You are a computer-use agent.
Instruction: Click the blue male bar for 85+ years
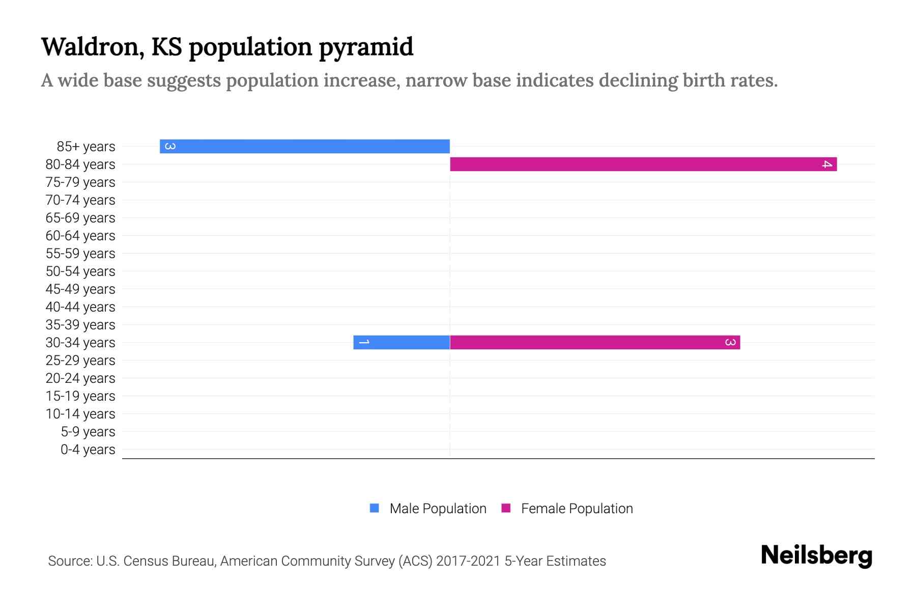tap(305, 146)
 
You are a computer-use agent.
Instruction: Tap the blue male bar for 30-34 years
tap(402, 342)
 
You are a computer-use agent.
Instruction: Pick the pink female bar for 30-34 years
tap(595, 342)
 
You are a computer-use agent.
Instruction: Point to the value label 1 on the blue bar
tap(364, 342)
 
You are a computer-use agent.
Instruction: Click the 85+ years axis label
tap(86, 147)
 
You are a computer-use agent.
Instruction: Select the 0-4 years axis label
tap(88, 450)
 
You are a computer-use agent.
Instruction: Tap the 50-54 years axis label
tap(80, 271)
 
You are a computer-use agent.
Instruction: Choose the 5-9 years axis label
tap(88, 432)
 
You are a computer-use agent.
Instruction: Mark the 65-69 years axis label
tap(80, 218)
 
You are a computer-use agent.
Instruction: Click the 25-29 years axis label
tap(80, 360)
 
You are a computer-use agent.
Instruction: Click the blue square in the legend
tap(375, 508)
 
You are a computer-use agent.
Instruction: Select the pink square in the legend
tap(506, 508)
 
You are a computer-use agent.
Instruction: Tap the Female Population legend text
tap(577, 509)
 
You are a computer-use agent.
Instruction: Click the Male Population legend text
tap(438, 509)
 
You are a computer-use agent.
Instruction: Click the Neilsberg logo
tap(816, 556)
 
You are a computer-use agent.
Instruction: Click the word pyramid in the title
tap(366, 48)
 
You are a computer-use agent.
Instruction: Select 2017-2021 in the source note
tap(468, 561)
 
